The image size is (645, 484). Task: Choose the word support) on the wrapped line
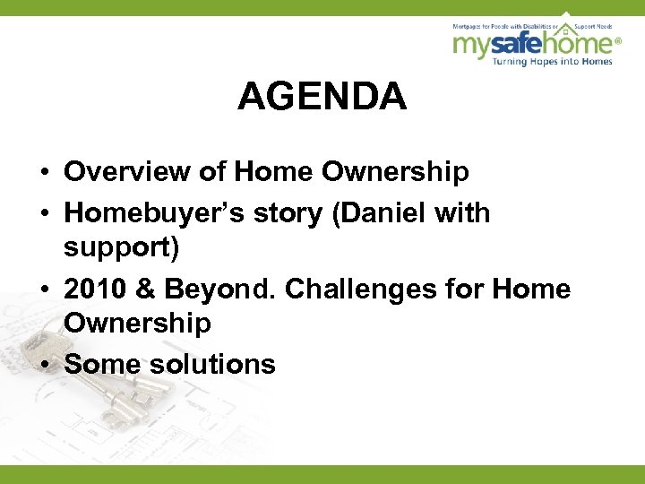(x=123, y=246)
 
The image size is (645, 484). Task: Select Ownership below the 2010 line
(x=138, y=323)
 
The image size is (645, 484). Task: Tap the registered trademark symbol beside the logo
(x=616, y=41)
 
